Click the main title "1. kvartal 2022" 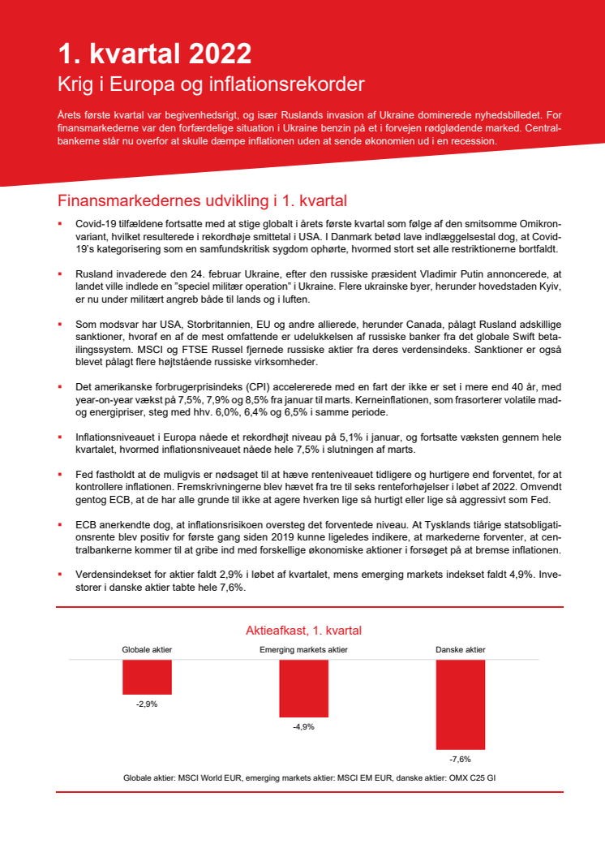pos(154,54)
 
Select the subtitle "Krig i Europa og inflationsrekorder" pos(211,84)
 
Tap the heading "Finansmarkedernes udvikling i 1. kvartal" pos(202,200)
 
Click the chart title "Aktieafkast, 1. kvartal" pos(303,631)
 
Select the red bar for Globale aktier pos(147,677)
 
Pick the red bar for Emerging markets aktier pos(303,688)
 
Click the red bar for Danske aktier pos(460,704)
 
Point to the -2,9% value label pos(147,704)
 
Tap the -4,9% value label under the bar pos(303,727)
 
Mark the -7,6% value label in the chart pos(460,760)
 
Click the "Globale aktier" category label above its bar pos(147,650)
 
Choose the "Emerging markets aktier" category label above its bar pos(303,650)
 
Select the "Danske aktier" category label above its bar pos(460,650)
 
